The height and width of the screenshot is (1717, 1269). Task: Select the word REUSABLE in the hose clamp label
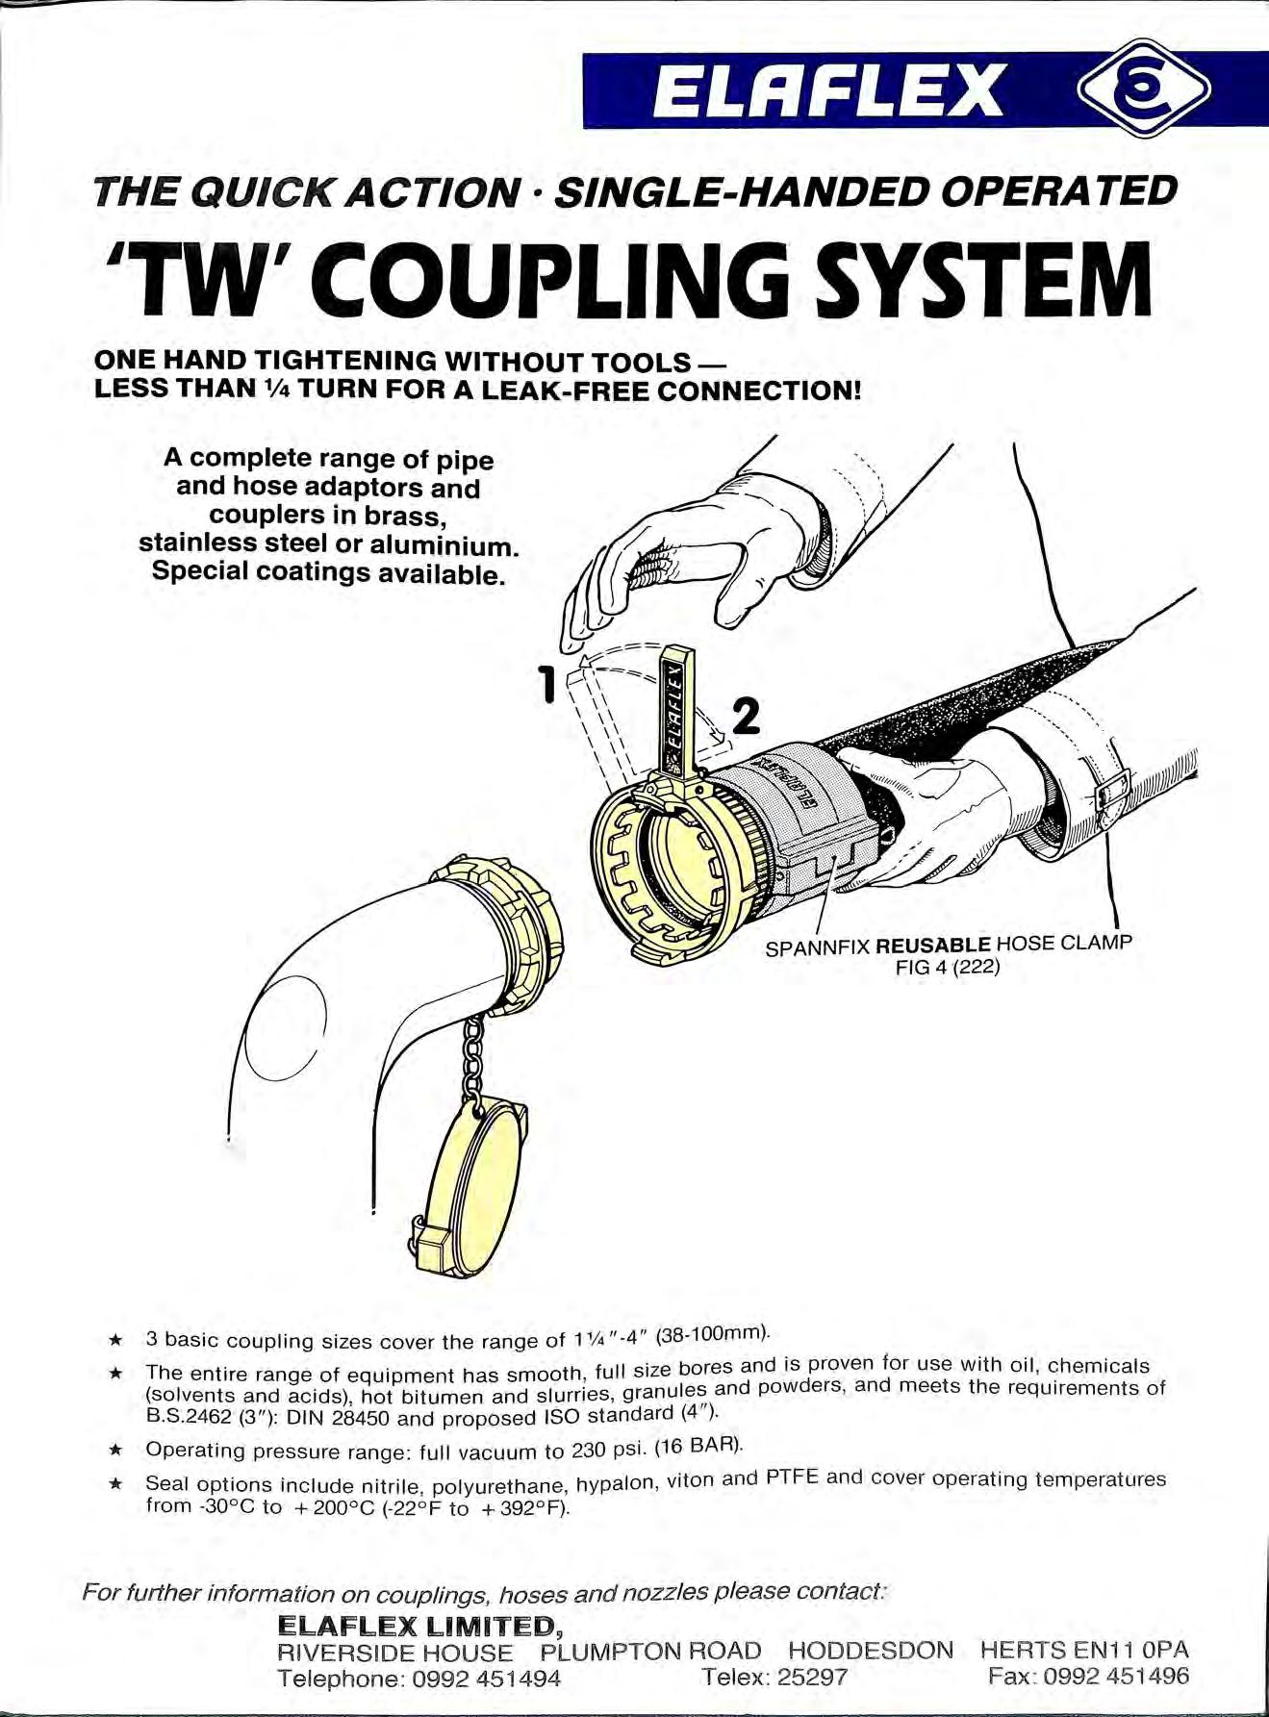click(x=932, y=945)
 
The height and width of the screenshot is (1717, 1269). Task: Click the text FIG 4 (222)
click(x=948, y=968)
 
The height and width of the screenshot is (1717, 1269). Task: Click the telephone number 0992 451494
click(x=487, y=1679)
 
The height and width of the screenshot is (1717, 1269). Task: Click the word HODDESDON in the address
click(x=871, y=1651)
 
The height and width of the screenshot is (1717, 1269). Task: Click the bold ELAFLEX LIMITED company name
click(x=419, y=1626)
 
